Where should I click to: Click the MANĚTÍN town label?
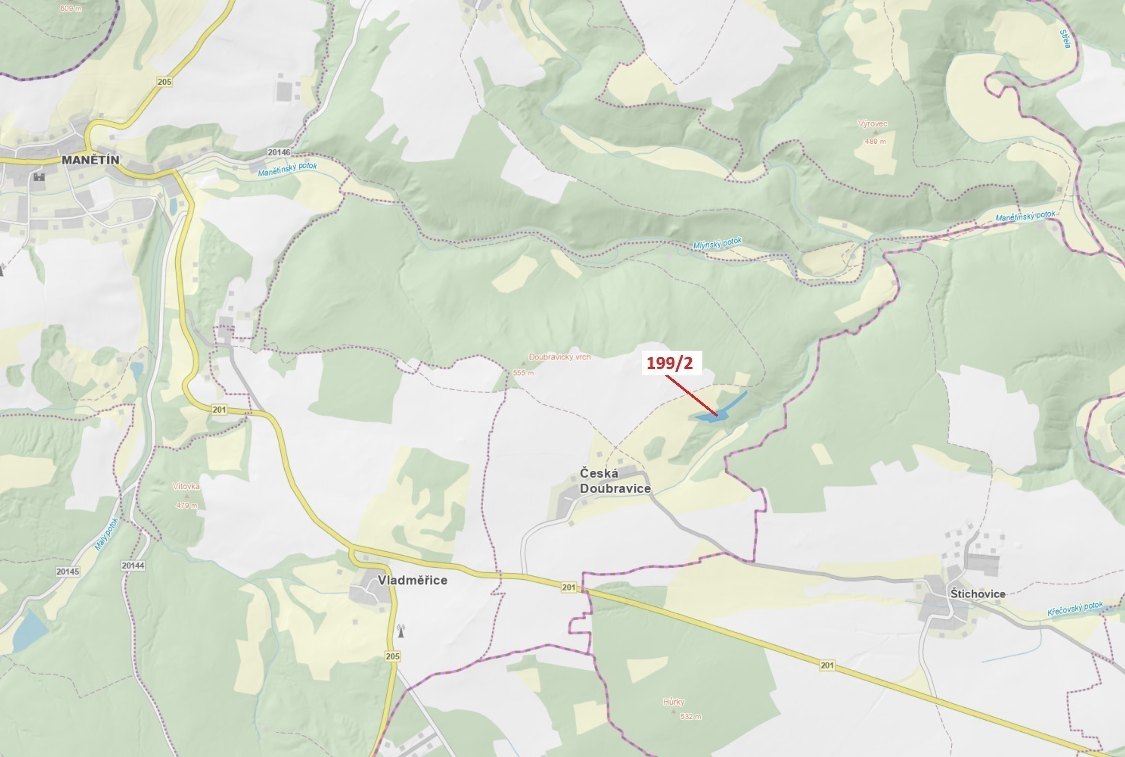(x=91, y=160)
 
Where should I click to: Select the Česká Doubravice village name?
(x=615, y=480)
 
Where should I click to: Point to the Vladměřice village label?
(x=412, y=580)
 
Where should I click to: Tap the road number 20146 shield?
(x=279, y=153)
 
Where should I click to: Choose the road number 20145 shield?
(x=67, y=572)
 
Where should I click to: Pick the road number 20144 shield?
(x=133, y=565)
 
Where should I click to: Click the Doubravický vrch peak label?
(x=560, y=357)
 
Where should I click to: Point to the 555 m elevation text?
(x=523, y=373)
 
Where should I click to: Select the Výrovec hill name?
(x=872, y=124)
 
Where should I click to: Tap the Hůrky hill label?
(x=673, y=702)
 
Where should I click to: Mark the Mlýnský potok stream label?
(x=717, y=244)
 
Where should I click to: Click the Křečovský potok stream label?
(x=1075, y=609)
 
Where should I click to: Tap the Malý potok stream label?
(x=106, y=535)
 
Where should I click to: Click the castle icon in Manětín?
(x=39, y=177)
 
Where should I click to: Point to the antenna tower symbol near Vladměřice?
(x=400, y=631)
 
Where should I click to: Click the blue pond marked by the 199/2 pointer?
(x=712, y=416)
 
